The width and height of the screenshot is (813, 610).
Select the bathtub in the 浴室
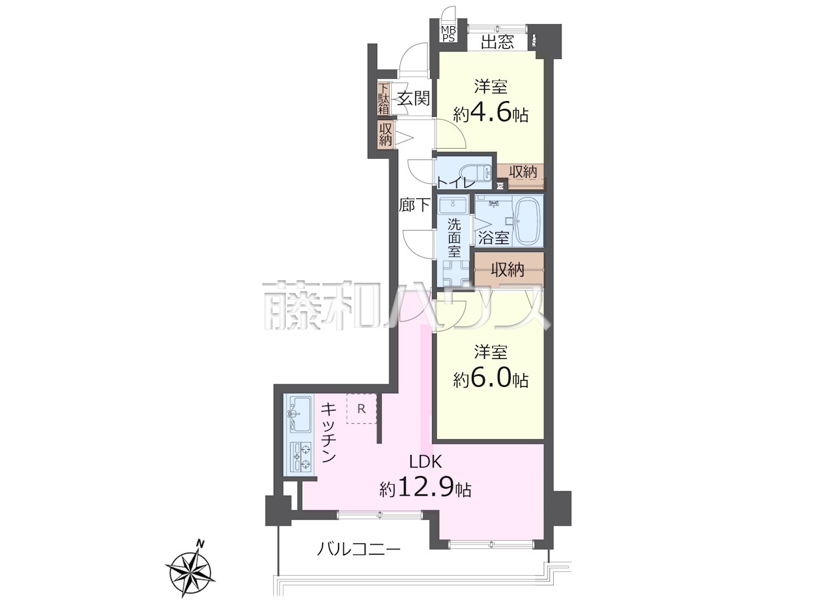[x=529, y=220]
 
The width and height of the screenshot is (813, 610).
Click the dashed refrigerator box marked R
[x=361, y=409]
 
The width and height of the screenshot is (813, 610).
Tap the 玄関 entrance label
[x=413, y=98]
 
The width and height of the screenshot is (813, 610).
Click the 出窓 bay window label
[x=497, y=42]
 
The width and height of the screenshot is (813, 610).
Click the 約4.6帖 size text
[x=490, y=114]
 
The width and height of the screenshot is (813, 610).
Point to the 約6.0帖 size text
[x=490, y=379]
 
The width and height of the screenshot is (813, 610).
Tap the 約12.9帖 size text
[x=425, y=489]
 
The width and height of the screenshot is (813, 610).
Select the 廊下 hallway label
[x=415, y=205]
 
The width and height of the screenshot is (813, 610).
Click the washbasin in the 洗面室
[x=453, y=205]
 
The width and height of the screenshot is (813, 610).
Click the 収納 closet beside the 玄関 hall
[x=385, y=135]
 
